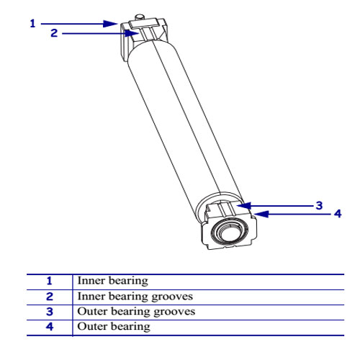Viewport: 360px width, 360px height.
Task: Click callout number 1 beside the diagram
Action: click(32, 24)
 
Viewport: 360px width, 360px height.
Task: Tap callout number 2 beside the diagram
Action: click(54, 33)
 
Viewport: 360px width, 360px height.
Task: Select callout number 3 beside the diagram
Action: click(319, 205)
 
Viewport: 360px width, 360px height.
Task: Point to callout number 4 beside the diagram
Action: click(338, 213)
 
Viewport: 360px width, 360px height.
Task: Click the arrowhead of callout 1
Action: click(110, 24)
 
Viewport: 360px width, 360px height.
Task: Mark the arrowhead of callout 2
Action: click(132, 33)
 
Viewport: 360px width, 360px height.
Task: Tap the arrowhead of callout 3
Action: click(243, 206)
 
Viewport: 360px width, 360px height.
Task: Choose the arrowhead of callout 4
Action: click(261, 214)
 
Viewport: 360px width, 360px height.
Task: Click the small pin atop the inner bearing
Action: click(139, 17)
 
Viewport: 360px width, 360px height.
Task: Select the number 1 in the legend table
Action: click(49, 281)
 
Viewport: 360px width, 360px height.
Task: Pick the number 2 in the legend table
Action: click(50, 297)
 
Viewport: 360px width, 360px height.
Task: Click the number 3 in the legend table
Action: click(50, 312)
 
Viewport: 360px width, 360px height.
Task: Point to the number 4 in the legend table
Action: click(50, 327)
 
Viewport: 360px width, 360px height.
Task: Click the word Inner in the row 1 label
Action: click(91, 281)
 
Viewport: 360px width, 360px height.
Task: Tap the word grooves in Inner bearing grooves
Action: click(172, 297)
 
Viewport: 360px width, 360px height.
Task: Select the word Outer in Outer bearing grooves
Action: click(92, 312)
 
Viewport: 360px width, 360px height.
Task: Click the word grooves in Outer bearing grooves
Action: click(174, 312)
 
